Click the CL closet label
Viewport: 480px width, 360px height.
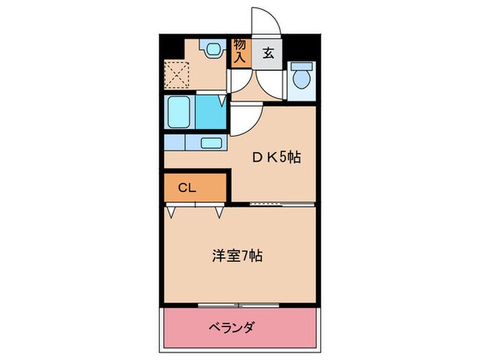[x=187, y=187]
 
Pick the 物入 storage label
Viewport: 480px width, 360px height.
[x=239, y=51]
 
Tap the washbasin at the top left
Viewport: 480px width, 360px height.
[x=212, y=49]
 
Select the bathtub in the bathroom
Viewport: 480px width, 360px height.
[x=180, y=112]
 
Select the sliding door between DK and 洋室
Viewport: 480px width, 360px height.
[x=281, y=204]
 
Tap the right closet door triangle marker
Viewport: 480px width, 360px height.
[x=219, y=212]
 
